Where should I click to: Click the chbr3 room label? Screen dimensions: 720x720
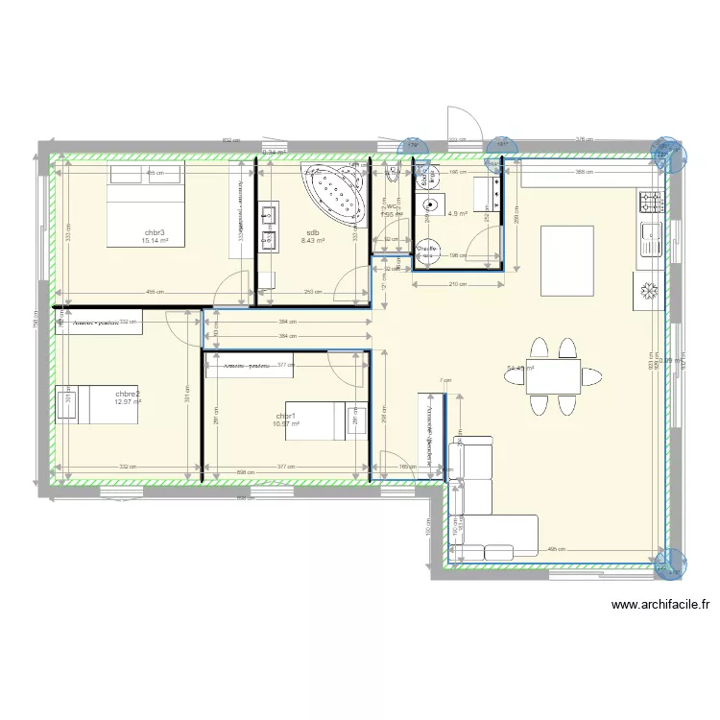coord(155,232)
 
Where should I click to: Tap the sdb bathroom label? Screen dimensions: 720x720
coord(313,232)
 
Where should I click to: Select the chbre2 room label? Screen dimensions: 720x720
coord(128,394)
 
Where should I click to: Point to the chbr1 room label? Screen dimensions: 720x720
coord(285,416)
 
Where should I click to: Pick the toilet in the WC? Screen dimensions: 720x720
coord(392,176)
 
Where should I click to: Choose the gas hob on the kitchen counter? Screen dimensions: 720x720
coord(652,202)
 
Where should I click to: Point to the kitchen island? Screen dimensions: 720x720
coord(566,259)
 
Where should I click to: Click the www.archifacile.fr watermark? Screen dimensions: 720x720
coord(660,606)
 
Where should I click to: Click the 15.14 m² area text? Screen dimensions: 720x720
coord(155,241)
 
